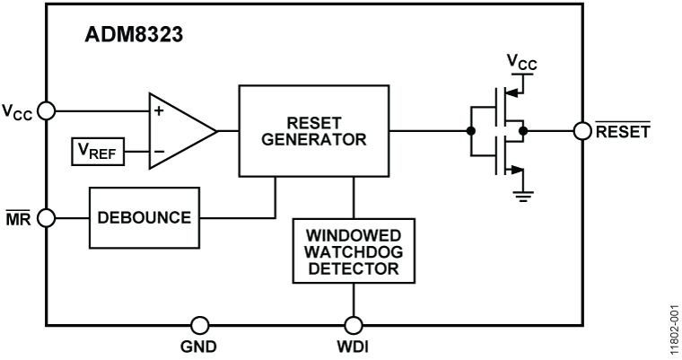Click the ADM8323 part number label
point(134,38)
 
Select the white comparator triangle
point(178,131)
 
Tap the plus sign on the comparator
point(159,111)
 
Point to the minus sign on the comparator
point(159,152)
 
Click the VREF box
point(97,152)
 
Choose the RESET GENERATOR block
point(313,130)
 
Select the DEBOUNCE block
point(144,218)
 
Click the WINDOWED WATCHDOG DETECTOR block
point(354,250)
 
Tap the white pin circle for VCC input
point(47,110)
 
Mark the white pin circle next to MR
point(47,217)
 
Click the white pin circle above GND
point(200,325)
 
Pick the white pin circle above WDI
point(354,325)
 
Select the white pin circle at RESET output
point(581,131)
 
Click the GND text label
point(198,347)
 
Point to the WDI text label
point(354,347)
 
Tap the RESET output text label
point(624,131)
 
